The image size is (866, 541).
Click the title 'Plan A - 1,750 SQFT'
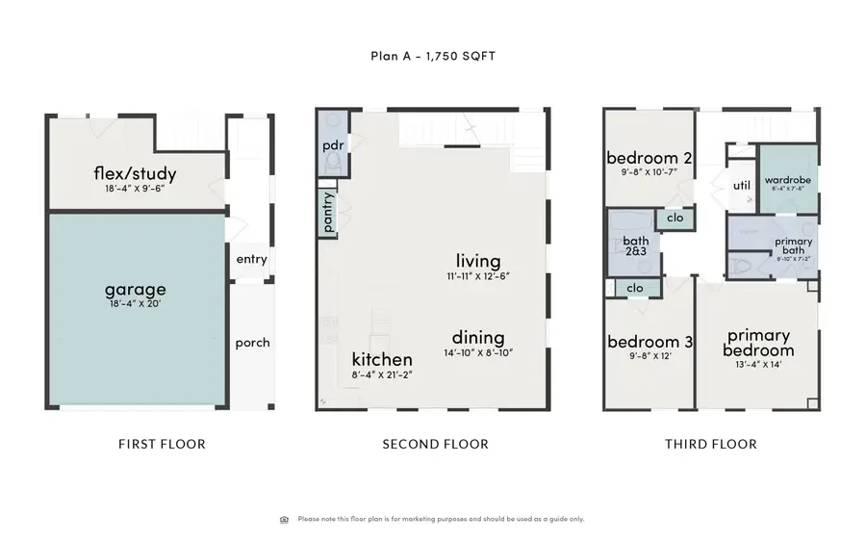[x=433, y=56]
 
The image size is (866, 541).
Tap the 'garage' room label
[x=135, y=289]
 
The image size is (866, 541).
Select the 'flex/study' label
[x=135, y=174]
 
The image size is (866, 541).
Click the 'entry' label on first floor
[x=252, y=259]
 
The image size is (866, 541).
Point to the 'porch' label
[x=252, y=343]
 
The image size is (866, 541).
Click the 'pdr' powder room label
[x=333, y=144]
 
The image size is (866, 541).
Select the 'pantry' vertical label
[x=328, y=214]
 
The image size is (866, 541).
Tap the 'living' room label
[x=478, y=261]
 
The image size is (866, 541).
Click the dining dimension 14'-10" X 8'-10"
[x=478, y=353]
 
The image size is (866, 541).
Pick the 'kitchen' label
[x=382, y=359]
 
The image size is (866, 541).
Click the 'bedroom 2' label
[x=649, y=159]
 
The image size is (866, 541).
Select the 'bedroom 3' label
[x=649, y=342]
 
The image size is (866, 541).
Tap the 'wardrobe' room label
[x=790, y=180]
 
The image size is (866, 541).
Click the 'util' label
[x=741, y=186]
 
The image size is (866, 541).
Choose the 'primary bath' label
[x=793, y=246]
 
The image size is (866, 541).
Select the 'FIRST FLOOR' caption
[x=162, y=444]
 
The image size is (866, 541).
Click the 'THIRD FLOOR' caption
[x=710, y=444]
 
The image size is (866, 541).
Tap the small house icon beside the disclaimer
[x=284, y=520]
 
